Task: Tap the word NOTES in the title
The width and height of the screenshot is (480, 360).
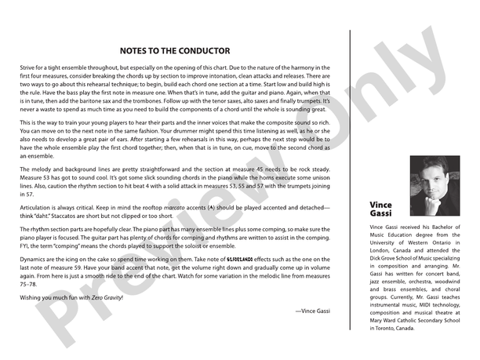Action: [x=138, y=50]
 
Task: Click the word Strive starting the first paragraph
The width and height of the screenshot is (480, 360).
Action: [x=28, y=69]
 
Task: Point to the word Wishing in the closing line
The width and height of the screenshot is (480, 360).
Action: [x=32, y=298]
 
